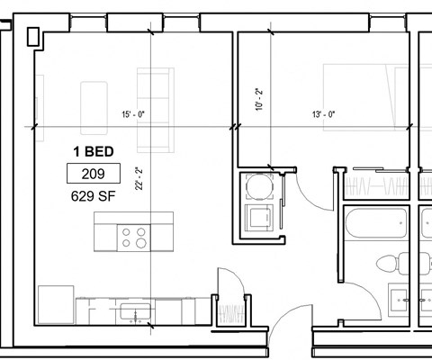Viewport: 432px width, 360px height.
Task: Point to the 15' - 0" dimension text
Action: coord(133,114)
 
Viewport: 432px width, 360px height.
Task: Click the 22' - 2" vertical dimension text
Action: coord(138,180)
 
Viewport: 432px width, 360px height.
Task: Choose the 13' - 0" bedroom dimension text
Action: coord(323,114)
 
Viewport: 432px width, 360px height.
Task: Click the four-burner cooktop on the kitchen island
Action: coord(134,238)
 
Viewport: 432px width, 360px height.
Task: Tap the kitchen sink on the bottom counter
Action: coord(135,310)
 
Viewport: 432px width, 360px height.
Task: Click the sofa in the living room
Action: coord(153,89)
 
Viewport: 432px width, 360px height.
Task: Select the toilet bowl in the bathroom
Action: coord(390,264)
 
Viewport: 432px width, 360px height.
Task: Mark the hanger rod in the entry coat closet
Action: coord(231,314)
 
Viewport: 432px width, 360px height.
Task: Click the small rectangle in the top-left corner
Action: coord(34,36)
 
